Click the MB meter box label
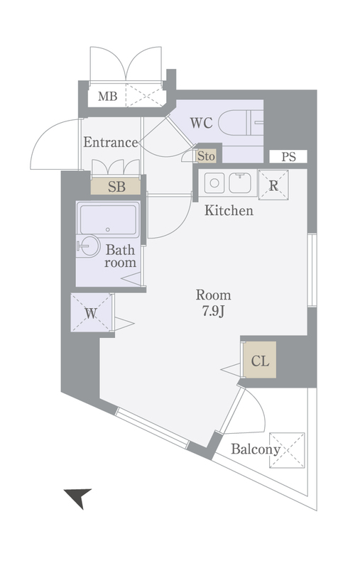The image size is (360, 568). [107, 97]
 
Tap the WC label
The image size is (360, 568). [201, 123]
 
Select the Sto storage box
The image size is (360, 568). [206, 156]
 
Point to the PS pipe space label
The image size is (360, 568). [288, 157]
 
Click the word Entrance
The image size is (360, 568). [111, 143]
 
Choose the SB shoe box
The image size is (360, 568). [116, 187]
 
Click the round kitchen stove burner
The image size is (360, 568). [214, 183]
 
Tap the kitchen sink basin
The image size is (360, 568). [241, 183]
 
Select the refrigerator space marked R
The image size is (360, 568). [273, 185]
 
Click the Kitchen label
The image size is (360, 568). [229, 210]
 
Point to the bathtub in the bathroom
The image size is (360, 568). [108, 219]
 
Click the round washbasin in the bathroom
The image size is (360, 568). [88, 246]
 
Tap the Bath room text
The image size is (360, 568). [120, 256]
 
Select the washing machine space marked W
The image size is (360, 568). [92, 312]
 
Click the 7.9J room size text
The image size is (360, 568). [213, 312]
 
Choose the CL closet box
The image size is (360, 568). [260, 360]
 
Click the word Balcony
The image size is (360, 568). [256, 449]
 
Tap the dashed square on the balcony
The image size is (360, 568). [287, 450]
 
